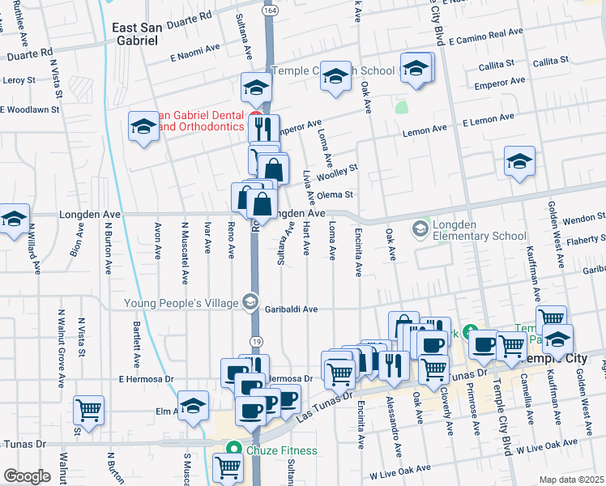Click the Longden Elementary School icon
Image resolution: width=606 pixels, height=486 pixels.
(x=420, y=230)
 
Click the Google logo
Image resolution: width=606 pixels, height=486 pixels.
(x=27, y=476)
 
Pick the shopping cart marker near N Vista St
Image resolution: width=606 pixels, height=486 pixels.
(x=88, y=409)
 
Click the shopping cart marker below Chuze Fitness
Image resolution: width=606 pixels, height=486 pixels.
(x=228, y=467)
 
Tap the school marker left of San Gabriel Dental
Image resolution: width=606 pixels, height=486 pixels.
(x=143, y=126)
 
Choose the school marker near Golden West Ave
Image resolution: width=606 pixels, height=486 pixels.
(x=519, y=160)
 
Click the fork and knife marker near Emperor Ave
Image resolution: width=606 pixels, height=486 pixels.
(x=263, y=128)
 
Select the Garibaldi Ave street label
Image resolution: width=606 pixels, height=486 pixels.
(x=311, y=309)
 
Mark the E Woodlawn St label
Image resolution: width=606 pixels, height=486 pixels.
(x=31, y=109)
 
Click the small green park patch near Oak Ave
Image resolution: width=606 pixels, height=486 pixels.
(x=400, y=106)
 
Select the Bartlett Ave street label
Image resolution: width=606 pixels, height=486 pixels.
(x=137, y=343)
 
